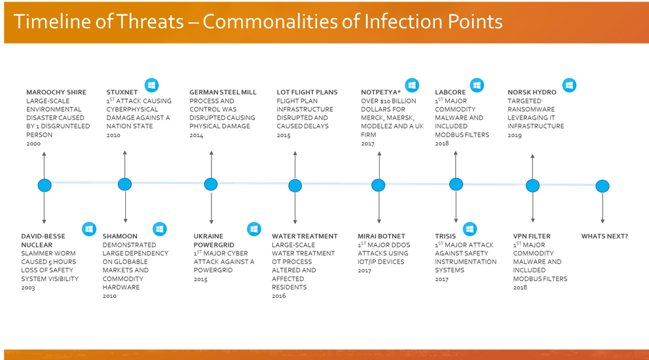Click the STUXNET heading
click(x=122, y=92)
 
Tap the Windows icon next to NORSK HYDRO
click(x=569, y=85)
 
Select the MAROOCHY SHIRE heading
click(x=56, y=92)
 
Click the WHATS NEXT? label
click(x=604, y=236)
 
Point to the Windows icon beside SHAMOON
click(x=159, y=229)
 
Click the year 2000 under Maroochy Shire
click(x=33, y=143)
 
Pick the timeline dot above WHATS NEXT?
click(x=603, y=186)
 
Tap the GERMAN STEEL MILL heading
click(x=223, y=92)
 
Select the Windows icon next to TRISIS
click(x=470, y=229)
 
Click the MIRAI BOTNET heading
click(x=382, y=236)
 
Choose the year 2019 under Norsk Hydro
click(x=515, y=135)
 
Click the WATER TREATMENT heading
click(x=305, y=236)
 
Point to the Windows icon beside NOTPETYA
click(x=412, y=85)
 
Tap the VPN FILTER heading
click(x=532, y=236)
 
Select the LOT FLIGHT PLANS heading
click(x=307, y=92)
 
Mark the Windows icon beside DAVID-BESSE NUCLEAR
click(x=89, y=229)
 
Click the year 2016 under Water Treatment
click(x=279, y=296)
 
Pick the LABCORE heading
click(x=451, y=92)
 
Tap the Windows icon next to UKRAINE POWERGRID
click(x=253, y=229)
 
